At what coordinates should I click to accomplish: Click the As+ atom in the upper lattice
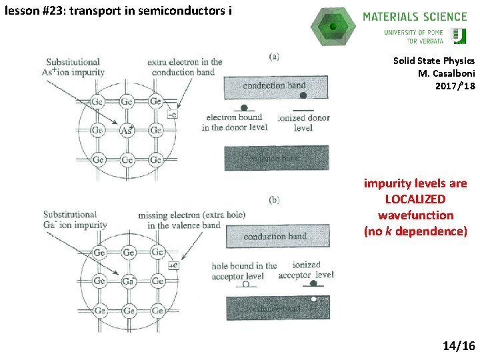127,131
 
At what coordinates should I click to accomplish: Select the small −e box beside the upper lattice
173,115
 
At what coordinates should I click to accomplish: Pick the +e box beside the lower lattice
173,266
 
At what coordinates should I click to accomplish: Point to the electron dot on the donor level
244,107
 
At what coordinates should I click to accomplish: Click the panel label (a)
274,57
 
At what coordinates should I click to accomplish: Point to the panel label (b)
274,200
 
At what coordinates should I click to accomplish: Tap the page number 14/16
458,345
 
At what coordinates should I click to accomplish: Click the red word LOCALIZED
415,199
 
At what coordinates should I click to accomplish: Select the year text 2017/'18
455,85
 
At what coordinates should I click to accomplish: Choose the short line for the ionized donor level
303,109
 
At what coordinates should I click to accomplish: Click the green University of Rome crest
459,35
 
